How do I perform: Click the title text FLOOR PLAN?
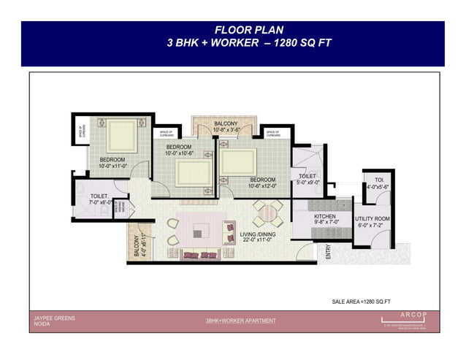[x=232, y=30]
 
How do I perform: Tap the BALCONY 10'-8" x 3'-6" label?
[x=225, y=128]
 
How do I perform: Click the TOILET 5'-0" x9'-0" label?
[x=307, y=178]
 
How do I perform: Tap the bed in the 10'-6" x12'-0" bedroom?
[x=242, y=161]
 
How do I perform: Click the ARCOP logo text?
[x=402, y=316]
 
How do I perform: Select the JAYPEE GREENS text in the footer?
[x=54, y=318]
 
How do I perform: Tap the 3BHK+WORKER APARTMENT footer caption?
[x=240, y=321]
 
